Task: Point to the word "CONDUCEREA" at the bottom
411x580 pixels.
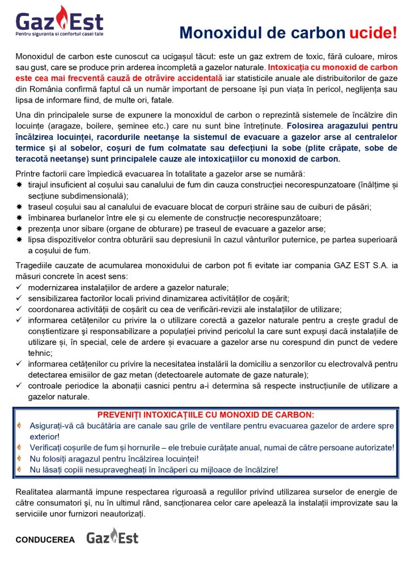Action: point(45,540)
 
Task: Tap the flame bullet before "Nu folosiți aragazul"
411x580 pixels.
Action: point(19,458)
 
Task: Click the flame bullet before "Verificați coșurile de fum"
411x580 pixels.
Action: point(19,447)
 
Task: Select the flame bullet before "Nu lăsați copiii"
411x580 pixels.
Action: point(19,470)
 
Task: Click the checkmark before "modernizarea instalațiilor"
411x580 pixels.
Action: point(19,288)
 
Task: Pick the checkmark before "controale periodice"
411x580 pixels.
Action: point(19,386)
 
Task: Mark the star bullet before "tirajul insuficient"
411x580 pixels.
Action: point(19,186)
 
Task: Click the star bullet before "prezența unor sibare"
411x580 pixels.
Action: point(19,229)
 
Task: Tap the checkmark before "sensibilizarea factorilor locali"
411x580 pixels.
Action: point(19,298)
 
